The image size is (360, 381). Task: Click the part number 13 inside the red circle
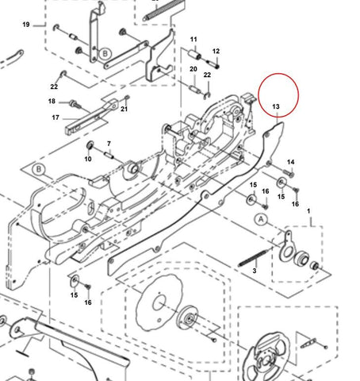point(276,106)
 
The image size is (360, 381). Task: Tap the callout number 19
point(26,25)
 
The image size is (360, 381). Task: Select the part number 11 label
point(193,40)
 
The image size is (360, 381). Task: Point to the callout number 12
point(216,51)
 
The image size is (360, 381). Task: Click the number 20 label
point(193,69)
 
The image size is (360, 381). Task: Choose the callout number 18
point(52,101)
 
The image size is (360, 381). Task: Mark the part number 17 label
point(56,117)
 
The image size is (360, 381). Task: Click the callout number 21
point(124,109)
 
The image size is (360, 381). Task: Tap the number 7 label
point(109,144)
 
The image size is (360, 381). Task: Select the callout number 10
point(88,159)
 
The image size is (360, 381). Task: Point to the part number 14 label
point(291,162)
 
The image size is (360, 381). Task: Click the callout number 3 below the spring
point(255,271)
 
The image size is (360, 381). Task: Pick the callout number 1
point(308,211)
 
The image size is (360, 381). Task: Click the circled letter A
point(261,220)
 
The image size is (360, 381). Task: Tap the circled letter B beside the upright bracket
point(105,54)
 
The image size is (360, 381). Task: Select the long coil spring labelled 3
point(253,256)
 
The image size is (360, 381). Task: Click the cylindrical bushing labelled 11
point(194,56)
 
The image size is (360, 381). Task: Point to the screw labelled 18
point(75,104)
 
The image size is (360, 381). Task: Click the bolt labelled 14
point(289,173)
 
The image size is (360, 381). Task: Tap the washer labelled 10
point(90,145)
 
